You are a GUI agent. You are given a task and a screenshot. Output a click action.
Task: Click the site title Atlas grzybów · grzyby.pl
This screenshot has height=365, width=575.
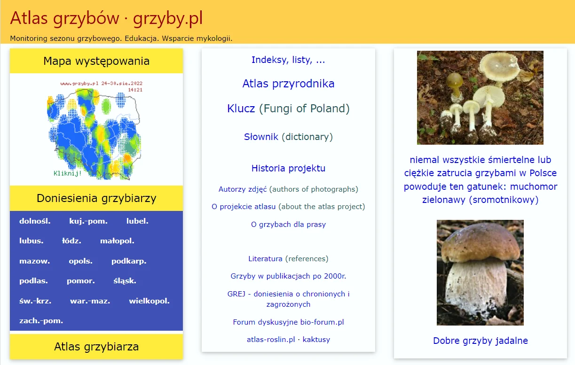coord(106,18)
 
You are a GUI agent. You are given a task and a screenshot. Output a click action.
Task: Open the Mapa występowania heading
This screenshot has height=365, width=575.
coord(96,61)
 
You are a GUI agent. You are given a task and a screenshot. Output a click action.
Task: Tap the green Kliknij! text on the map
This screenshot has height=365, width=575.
coord(68,173)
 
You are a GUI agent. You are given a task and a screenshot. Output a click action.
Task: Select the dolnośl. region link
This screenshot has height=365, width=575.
coord(35,221)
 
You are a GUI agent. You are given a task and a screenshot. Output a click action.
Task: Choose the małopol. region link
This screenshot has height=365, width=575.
coord(117,241)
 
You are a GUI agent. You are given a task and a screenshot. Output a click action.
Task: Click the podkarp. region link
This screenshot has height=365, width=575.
coord(129,261)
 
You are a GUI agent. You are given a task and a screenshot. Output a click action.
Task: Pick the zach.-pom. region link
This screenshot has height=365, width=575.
coord(41,321)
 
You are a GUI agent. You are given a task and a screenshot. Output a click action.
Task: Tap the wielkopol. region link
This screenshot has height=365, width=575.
coord(149,301)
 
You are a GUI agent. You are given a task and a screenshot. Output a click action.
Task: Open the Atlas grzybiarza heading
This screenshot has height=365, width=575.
coord(96,347)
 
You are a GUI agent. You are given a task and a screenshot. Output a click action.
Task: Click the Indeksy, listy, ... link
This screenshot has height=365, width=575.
coord(288,60)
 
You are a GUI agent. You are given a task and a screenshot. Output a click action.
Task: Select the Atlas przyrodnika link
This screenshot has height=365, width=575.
coord(288,84)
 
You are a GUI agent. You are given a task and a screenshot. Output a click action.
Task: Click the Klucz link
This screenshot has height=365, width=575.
coord(241,109)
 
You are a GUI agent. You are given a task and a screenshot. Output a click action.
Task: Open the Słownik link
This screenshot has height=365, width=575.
coord(261,137)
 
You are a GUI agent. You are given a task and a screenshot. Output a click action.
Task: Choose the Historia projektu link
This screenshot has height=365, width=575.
coord(288,168)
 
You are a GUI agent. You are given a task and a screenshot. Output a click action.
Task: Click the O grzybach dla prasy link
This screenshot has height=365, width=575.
coord(288,225)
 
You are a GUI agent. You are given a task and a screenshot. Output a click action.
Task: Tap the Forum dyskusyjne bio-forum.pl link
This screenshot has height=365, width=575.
coord(288,322)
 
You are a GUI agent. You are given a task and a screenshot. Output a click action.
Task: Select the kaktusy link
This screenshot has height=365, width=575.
coord(316,339)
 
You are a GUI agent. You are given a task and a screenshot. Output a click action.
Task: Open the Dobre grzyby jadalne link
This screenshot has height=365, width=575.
coord(480,341)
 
